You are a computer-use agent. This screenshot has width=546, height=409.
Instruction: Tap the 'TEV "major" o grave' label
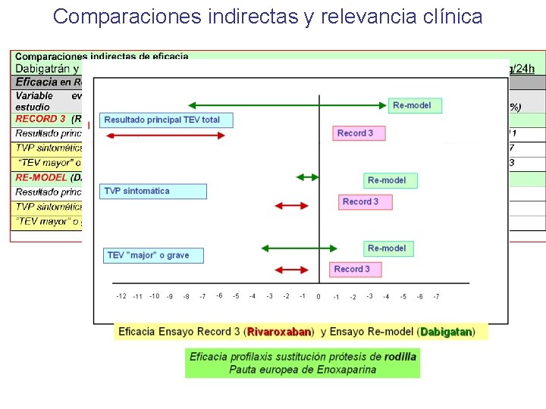pos(156,255)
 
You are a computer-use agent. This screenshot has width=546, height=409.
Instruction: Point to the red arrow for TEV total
pos(165,135)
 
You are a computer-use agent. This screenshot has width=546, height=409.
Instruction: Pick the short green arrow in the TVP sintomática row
pos(308,177)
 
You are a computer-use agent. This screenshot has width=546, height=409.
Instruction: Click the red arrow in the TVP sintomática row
pos(290,205)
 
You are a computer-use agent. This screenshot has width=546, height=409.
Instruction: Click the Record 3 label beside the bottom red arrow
pos(352,269)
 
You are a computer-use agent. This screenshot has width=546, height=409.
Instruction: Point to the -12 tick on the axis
pos(121,296)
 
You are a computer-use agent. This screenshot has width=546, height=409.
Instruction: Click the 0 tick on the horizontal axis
pos(318,296)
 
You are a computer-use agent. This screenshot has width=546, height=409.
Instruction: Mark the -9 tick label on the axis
pos(170,296)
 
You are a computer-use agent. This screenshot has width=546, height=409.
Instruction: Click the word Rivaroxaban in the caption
pos(280,332)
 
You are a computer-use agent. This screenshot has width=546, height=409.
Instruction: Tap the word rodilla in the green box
pos(400,357)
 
